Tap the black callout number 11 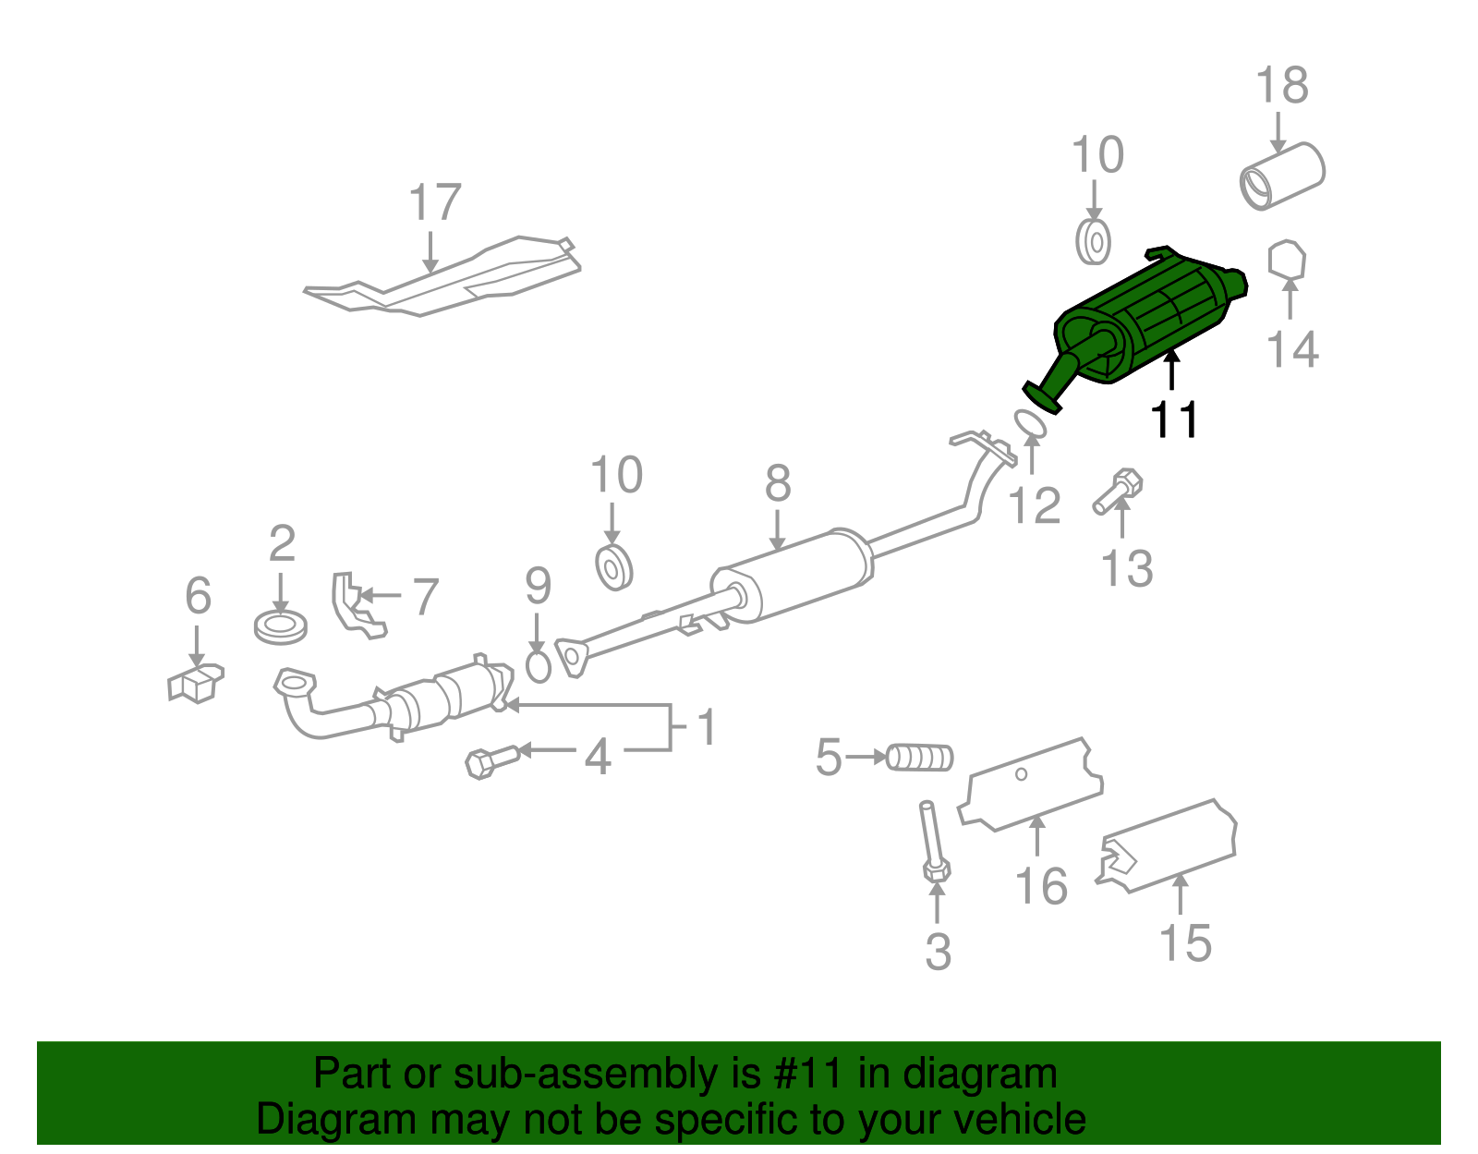(1174, 420)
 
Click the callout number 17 (434, 202)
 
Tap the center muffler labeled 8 (794, 575)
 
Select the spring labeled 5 (919, 758)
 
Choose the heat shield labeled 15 (1169, 845)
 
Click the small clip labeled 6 (195, 683)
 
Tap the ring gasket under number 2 (280, 627)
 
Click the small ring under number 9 (538, 666)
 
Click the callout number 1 (707, 728)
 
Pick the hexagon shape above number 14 (1287, 261)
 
